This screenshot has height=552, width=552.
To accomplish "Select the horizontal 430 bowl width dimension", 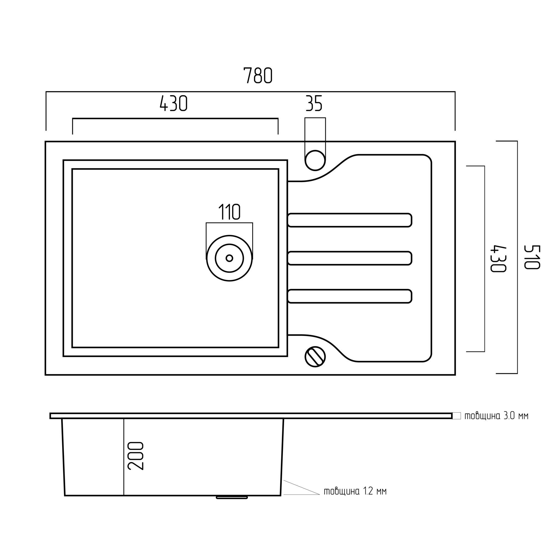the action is point(173,103).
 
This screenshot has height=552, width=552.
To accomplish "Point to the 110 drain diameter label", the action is point(229,212).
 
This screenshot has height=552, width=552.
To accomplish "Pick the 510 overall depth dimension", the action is point(532,257).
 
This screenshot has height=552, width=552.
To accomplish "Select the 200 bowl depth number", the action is point(136,460).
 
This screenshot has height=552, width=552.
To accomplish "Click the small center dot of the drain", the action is point(229,258).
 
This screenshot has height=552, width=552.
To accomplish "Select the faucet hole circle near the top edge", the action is point(315,160).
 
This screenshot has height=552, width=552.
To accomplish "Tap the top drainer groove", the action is point(350,220).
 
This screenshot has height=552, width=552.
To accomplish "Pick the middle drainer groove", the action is point(350,258).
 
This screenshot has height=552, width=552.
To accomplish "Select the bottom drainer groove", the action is point(350,296).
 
